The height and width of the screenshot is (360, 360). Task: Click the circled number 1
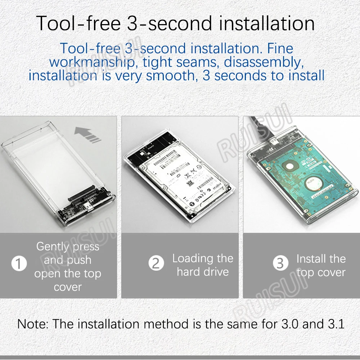click(x=19, y=264)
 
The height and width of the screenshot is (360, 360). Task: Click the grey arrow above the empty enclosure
click(x=88, y=136)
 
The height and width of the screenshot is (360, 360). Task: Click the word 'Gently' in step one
click(x=53, y=247)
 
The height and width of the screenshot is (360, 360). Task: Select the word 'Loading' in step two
click(x=192, y=258)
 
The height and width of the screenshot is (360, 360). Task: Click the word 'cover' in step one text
click(x=68, y=287)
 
